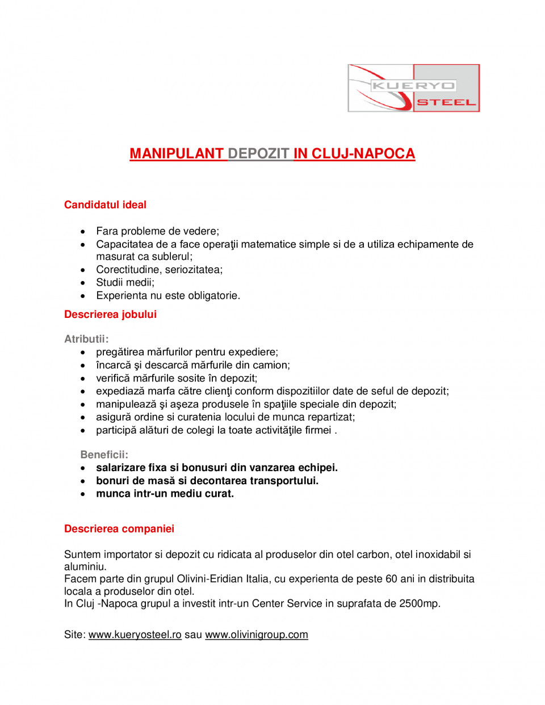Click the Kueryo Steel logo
[x=413, y=88]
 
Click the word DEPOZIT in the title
[x=259, y=154]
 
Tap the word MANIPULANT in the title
[x=177, y=154]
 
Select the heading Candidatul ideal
[x=105, y=205]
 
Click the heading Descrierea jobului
[x=110, y=314]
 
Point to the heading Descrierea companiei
[x=119, y=529]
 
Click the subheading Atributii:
[x=86, y=339]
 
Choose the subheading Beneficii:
[x=104, y=455]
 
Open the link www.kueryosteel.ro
[x=135, y=635]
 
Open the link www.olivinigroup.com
[x=257, y=635]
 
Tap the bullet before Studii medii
[x=83, y=283]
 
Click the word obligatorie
[x=213, y=296]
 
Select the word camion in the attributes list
[x=273, y=366]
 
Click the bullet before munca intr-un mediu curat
[x=83, y=494]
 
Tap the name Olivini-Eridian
[x=210, y=579]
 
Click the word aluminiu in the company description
[x=85, y=566]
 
